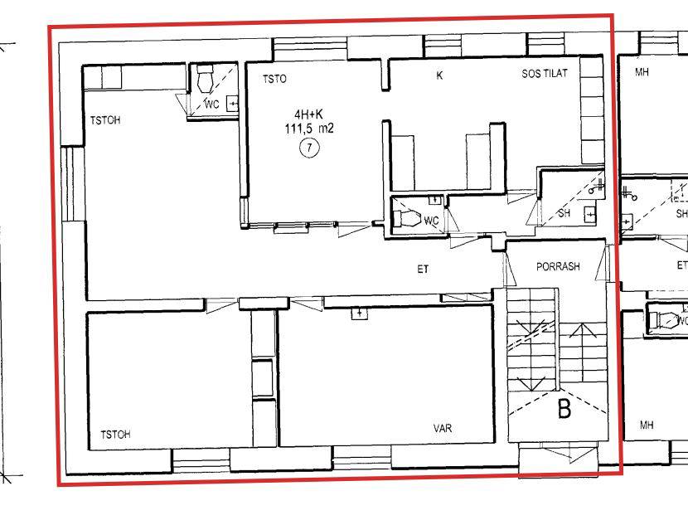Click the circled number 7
pos(309,148)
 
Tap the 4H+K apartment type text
pos(308,114)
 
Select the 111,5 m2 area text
pos(309,129)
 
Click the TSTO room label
pos(274,79)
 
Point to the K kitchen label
pos(439,75)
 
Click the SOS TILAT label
pos(544,73)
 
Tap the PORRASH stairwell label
pos(558,266)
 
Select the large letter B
pos(564,409)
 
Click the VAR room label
pos(443,428)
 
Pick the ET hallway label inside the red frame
pos(423,269)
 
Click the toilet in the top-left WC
pos(205,78)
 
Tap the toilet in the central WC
pos(407,218)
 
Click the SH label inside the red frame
pos(564,213)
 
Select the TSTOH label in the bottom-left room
pos(115,435)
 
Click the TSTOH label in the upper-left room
pos(105,120)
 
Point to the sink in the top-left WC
pos(232,104)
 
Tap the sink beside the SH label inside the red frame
pos(590,214)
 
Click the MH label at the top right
pos(642,72)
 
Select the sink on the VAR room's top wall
pos(360,313)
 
